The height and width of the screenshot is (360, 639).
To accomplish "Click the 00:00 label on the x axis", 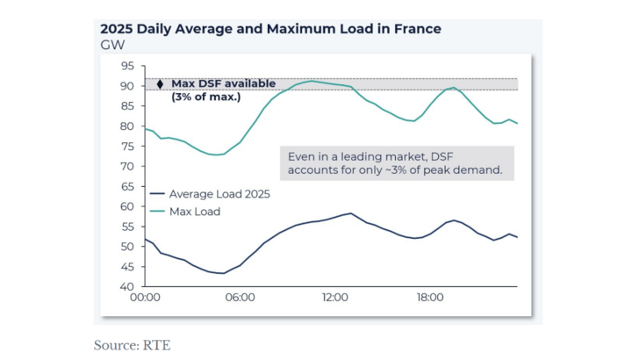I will click(145, 299).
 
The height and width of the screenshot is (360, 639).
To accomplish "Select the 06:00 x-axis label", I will click(240, 299).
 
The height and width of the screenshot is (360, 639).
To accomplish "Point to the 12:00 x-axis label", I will click(334, 299).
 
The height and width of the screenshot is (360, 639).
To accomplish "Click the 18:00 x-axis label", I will click(429, 299).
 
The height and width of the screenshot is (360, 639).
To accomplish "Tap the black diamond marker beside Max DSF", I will click(160, 84).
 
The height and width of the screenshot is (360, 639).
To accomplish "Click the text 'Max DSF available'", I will click(223, 83).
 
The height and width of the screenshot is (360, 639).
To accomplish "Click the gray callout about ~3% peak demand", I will click(395, 162).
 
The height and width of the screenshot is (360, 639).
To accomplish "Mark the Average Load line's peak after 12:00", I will click(350, 213).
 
